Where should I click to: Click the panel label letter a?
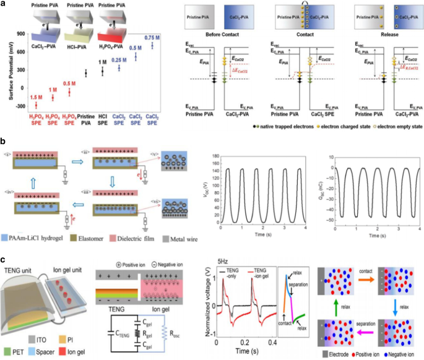click(x=5, y=5)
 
